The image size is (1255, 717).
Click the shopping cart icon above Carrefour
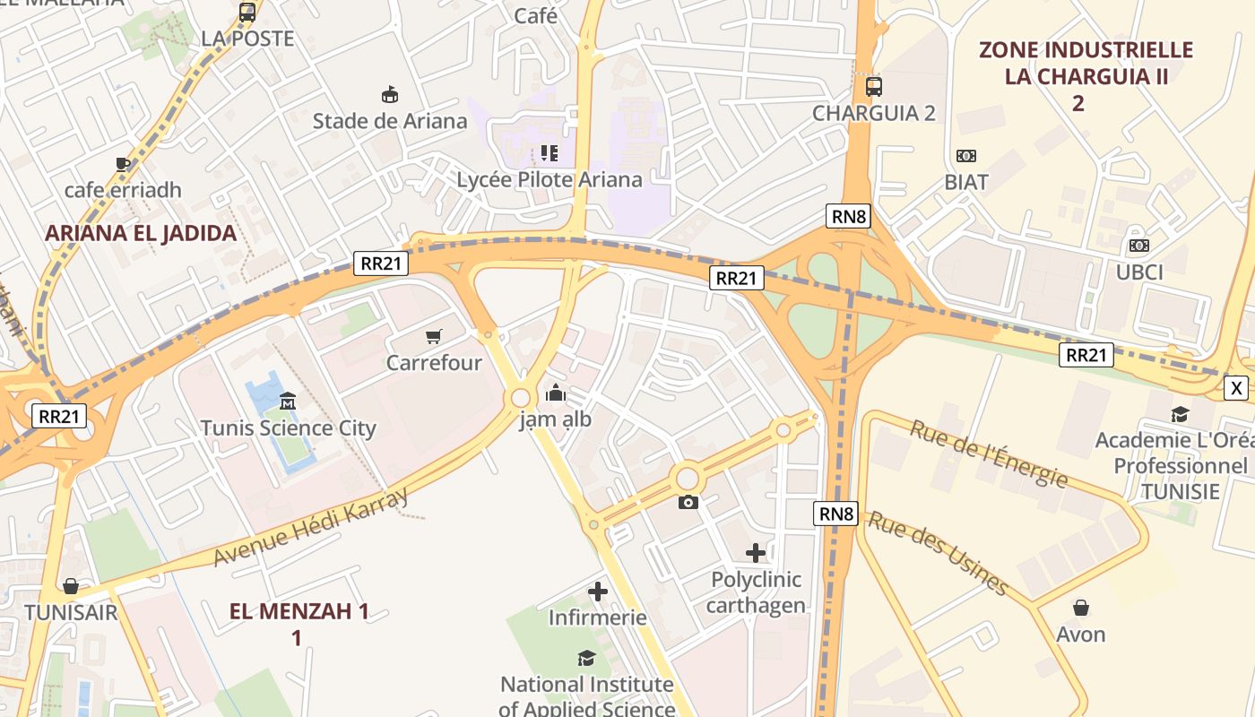[434, 337]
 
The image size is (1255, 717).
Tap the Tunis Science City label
[288, 428]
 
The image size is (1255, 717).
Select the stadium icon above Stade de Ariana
[390, 94]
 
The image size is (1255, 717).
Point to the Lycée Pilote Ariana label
[550, 179]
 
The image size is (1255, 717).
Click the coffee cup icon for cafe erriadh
[123, 163]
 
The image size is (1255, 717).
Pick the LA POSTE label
[247, 39]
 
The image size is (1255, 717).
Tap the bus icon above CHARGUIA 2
[874, 87]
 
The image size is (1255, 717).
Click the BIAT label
[966, 182]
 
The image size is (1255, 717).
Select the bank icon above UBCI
[1139, 246]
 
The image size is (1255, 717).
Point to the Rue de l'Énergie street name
[989, 454]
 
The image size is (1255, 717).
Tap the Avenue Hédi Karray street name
[310, 527]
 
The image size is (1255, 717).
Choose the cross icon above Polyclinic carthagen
[756, 552]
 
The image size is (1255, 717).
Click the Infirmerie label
[597, 618]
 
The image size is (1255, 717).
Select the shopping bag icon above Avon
[1081, 608]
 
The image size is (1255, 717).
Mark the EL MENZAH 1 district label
[299, 612]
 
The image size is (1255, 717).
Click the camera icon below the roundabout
[688, 502]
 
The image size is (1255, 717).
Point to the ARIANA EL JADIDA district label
[141, 233]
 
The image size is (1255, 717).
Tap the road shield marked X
[1236, 388]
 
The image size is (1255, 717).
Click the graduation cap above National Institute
[586, 659]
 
